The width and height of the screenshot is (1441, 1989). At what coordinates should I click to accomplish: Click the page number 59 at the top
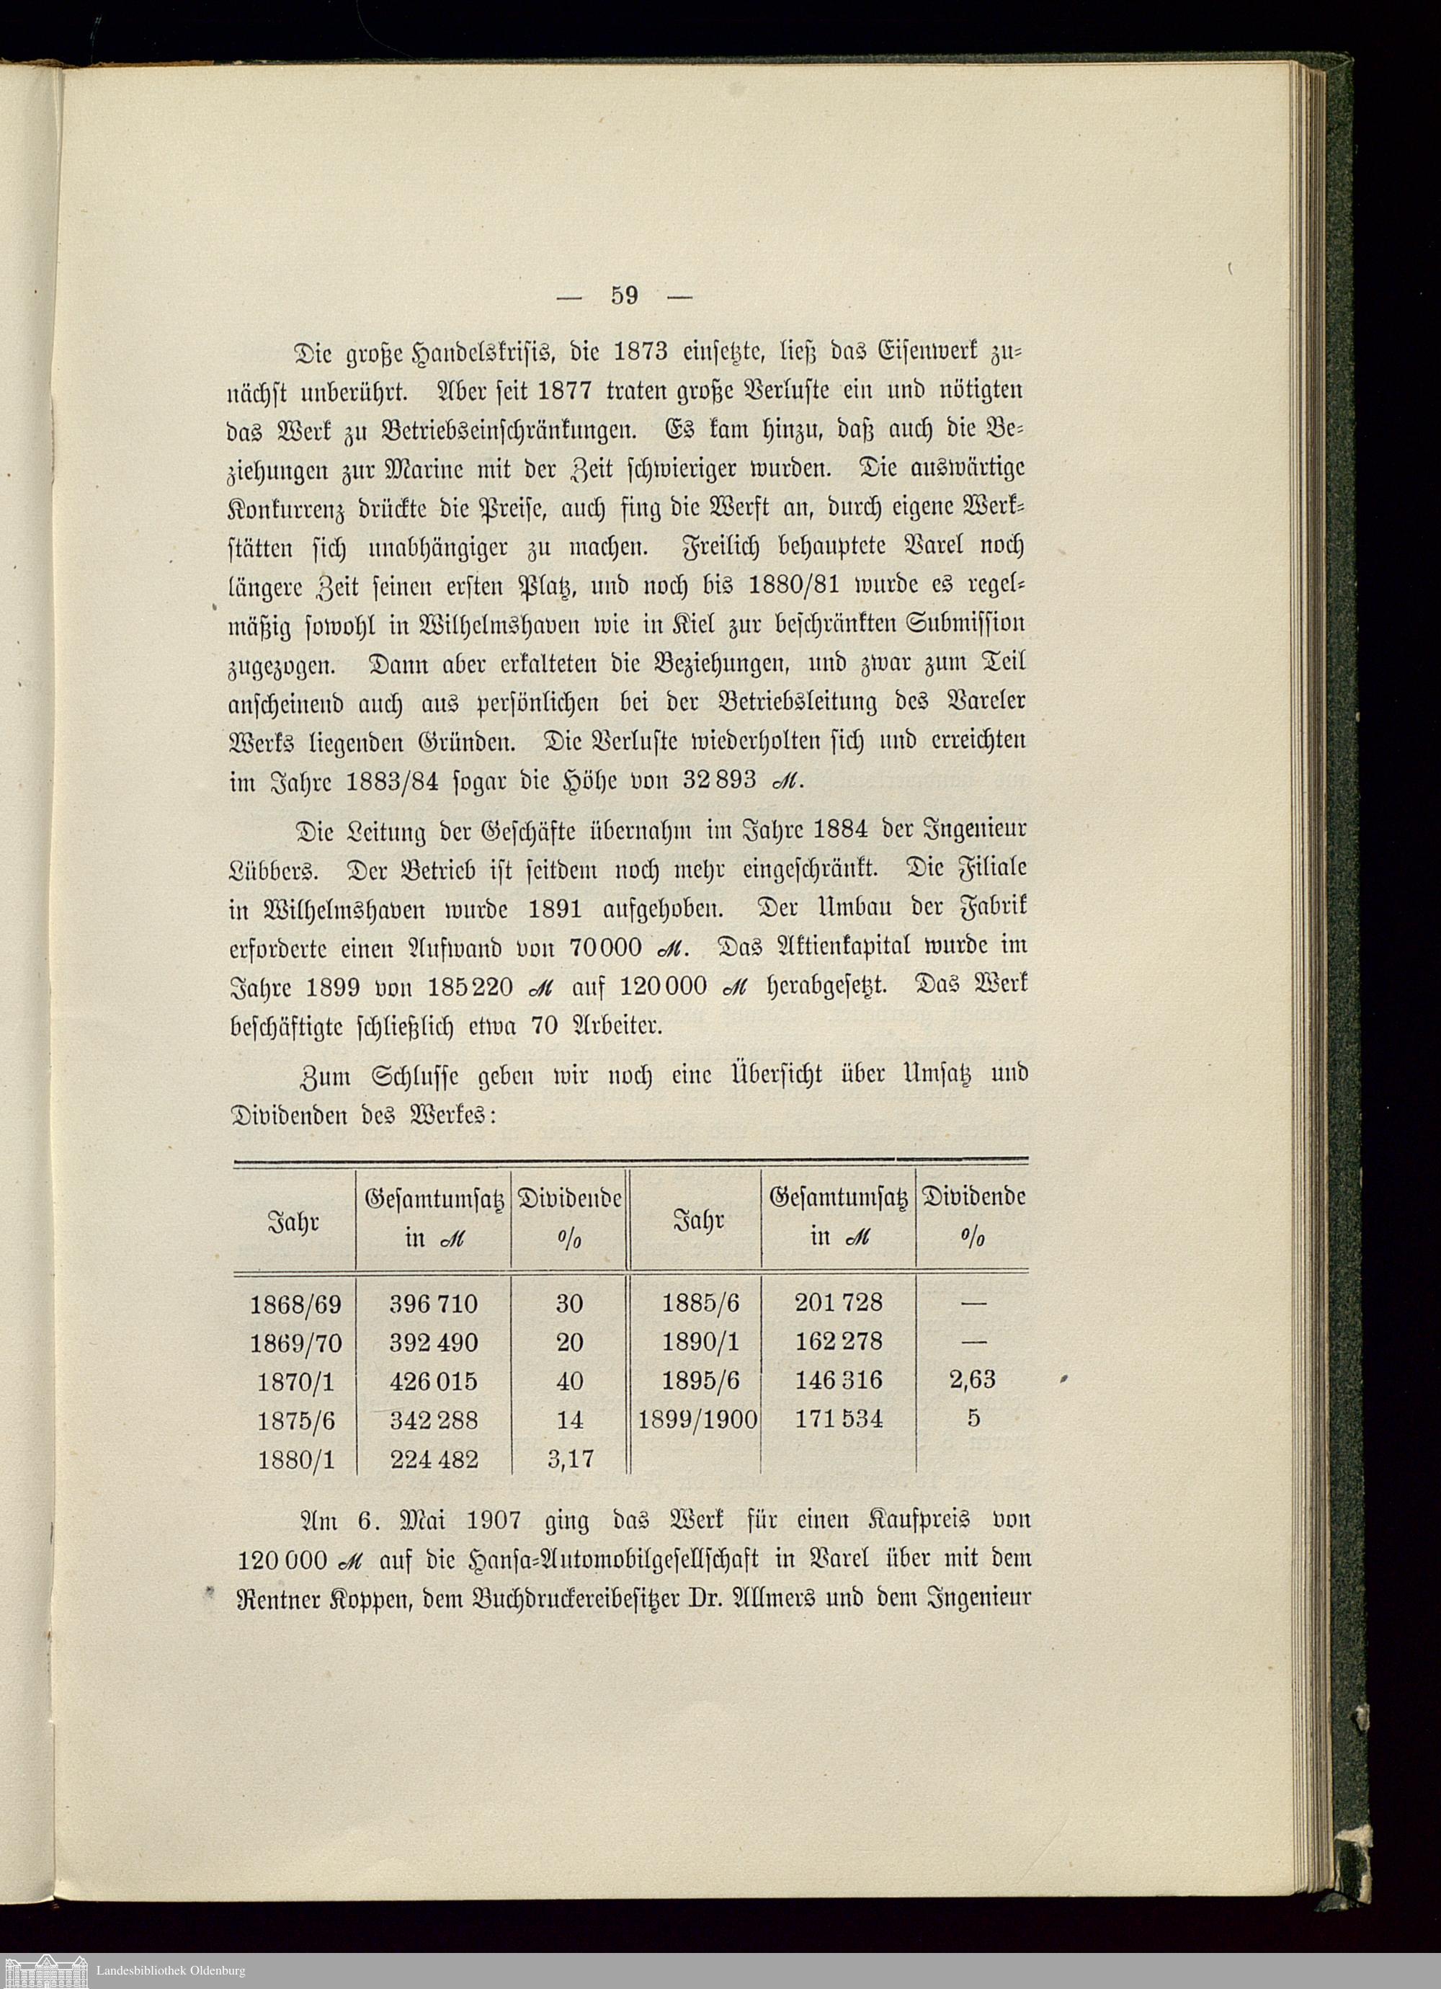[x=625, y=295]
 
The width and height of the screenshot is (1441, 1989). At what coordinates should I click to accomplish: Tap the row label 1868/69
[x=295, y=1305]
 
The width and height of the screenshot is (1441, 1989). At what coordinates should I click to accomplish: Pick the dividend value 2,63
[x=973, y=1379]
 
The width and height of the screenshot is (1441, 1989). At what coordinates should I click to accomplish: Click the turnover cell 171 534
[x=839, y=1418]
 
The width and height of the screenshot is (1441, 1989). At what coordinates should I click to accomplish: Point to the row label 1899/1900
[x=697, y=1419]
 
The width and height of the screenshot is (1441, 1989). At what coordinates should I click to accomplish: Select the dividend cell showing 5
[x=973, y=1418]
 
